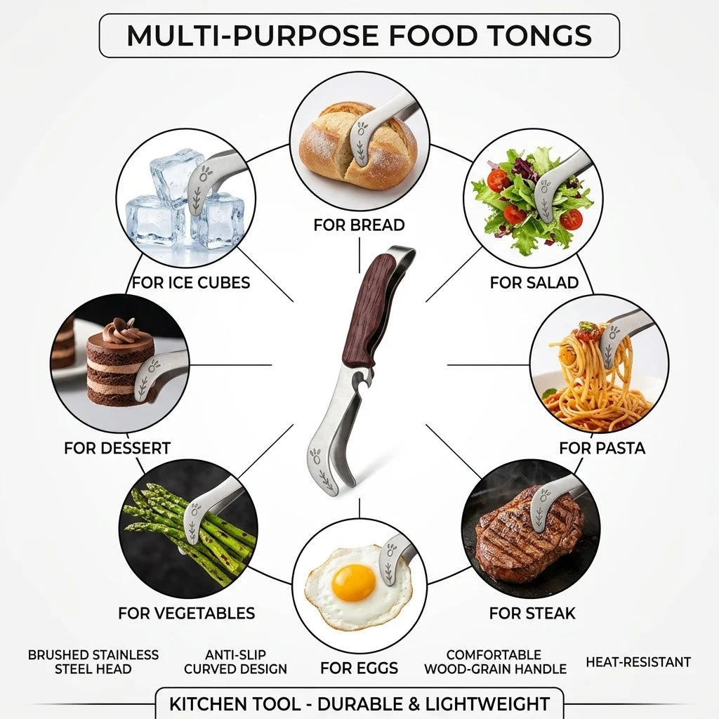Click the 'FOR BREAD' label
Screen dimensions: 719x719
tap(359, 225)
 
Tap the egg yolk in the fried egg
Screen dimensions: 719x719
tap(354, 583)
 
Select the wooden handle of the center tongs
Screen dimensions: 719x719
tap(367, 310)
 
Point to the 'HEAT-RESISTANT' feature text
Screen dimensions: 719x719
tap(638, 661)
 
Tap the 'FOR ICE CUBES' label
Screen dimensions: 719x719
tap(191, 282)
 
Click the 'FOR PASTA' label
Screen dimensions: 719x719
tap(602, 448)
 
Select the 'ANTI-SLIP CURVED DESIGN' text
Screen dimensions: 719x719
tap(235, 661)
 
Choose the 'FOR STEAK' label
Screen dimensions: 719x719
tap(532, 613)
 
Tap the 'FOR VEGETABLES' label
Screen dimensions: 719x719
tap(187, 613)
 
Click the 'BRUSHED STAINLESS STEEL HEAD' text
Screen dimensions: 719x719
tap(93, 661)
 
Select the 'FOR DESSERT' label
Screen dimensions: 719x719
tap(117, 448)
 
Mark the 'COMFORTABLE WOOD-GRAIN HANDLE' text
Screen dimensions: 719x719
tap(495, 661)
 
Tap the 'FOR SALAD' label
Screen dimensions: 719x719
tap(534, 282)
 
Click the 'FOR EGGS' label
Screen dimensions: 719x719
tap(359, 668)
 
